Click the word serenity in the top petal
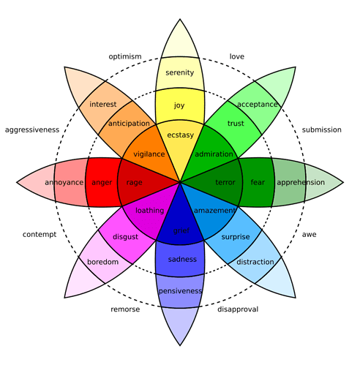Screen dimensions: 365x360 180,72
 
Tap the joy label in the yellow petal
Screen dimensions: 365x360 180,105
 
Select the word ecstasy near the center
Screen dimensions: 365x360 180,135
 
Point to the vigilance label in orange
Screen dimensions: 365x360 150,154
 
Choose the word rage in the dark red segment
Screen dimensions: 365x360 135,182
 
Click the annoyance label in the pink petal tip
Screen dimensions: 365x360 64,182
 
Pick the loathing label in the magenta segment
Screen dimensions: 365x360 150,211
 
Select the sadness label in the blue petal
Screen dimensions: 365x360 182,259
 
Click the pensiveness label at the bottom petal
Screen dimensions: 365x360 180,291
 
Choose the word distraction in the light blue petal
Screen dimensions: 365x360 256,262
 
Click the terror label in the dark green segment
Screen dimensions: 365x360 225,182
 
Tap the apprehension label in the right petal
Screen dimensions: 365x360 301,182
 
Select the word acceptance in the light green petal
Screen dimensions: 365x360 258,104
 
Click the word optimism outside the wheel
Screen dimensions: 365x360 125,56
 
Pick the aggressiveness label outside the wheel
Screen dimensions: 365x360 31,129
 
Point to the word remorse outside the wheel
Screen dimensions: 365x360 124,309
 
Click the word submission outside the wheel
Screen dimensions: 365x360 322,129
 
